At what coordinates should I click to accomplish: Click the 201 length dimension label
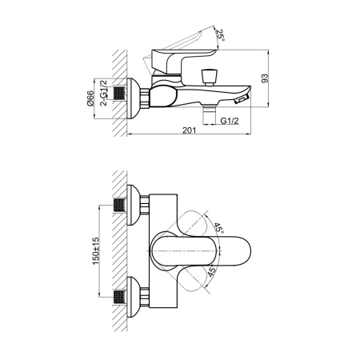[x=189, y=130]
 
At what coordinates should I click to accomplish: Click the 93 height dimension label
[x=265, y=78]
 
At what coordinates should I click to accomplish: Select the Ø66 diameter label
[x=90, y=98]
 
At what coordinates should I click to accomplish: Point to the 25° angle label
[x=220, y=34]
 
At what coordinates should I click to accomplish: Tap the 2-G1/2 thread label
[x=103, y=93]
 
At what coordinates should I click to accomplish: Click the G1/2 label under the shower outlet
[x=230, y=121]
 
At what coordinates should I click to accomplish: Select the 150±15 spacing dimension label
[x=95, y=251]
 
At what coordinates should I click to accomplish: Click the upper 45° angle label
[x=218, y=228]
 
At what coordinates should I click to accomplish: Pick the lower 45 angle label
[x=211, y=271]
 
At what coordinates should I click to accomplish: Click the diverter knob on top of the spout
[x=210, y=78]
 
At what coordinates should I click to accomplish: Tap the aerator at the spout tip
[x=242, y=99]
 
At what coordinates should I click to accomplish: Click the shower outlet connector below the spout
[x=210, y=114]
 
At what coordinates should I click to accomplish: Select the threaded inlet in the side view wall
[x=119, y=93]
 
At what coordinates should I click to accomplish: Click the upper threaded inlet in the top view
[x=119, y=205]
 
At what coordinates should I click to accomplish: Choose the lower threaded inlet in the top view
[x=119, y=297]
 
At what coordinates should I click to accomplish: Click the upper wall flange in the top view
[x=134, y=205]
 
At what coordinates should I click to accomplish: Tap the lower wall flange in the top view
[x=134, y=297]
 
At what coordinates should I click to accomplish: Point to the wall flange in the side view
[x=133, y=98]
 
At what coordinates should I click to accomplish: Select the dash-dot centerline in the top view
[x=184, y=251]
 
